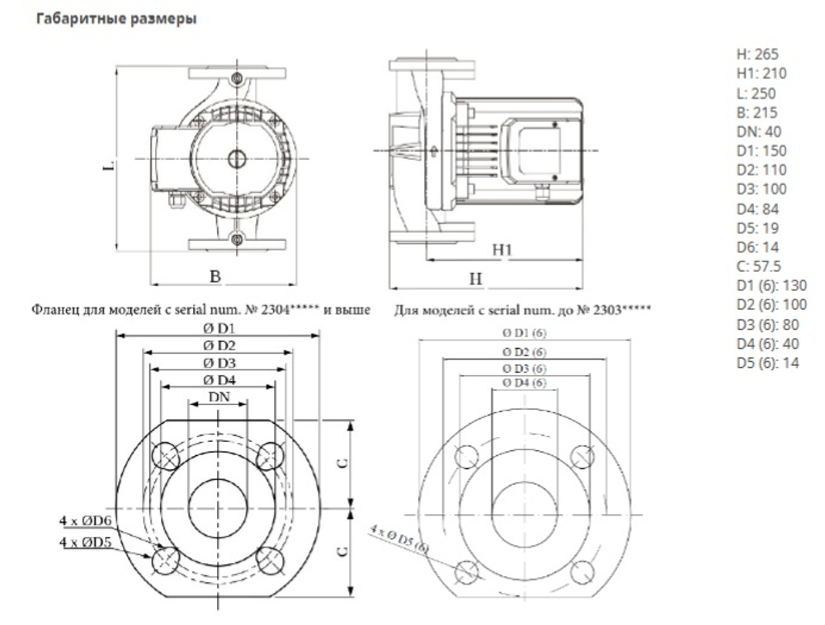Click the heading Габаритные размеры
tap(115, 19)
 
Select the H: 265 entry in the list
tap(757, 54)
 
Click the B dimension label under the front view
tap(214, 277)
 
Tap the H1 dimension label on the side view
tap(502, 249)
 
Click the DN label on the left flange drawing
tap(218, 397)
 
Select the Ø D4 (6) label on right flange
tap(525, 383)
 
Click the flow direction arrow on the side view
tap(429, 150)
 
